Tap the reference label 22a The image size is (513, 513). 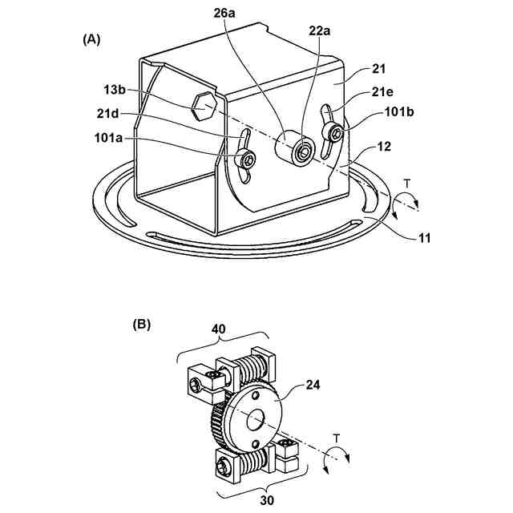tap(320, 31)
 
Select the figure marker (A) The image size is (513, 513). tap(91, 38)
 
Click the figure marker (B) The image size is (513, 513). tap(142, 325)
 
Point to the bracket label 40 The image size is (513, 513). tap(219, 328)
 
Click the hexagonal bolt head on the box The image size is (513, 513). tap(204, 104)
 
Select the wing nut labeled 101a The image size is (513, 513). tap(246, 156)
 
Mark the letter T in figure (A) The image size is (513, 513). tap(407, 184)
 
